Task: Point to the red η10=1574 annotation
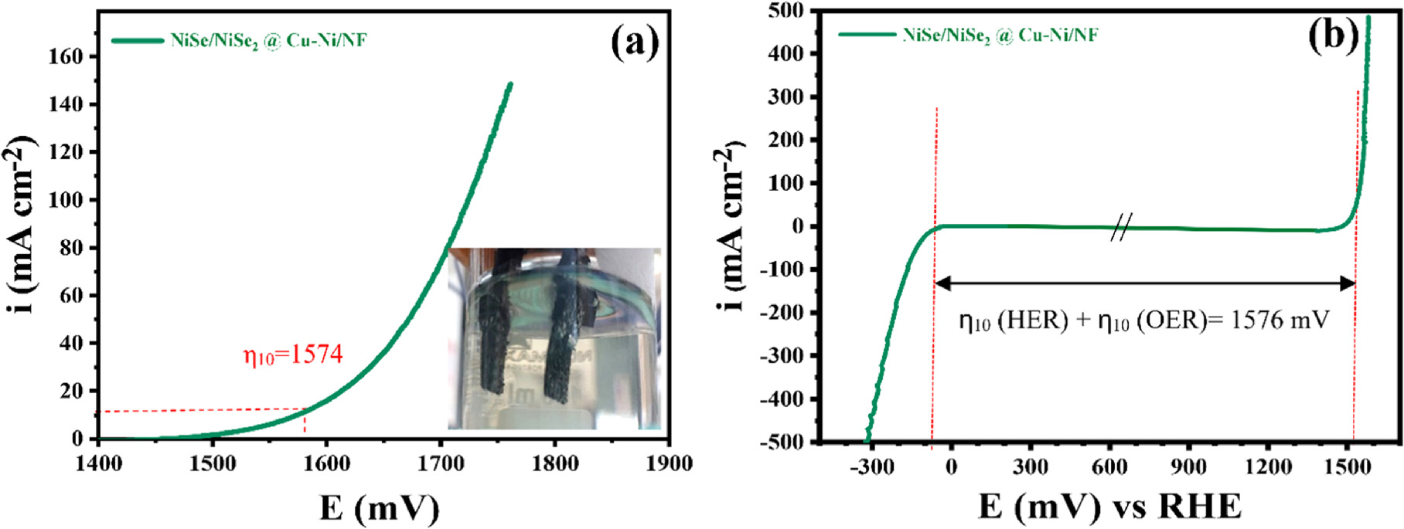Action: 293,354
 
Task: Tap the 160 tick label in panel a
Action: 66,56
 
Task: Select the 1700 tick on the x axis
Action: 441,463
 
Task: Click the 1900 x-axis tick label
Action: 669,463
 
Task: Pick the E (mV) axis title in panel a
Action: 379,508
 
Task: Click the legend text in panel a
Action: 268,41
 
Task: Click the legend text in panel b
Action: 1000,36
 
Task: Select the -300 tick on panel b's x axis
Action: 873,466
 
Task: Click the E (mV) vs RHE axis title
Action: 1109,507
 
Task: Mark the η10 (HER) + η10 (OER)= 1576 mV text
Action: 1144,320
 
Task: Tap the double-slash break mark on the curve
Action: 1121,227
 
